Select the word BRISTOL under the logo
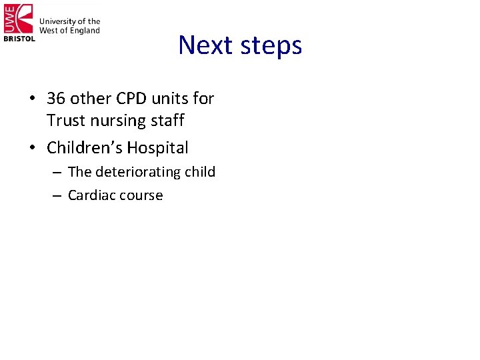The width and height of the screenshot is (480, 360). click(x=19, y=39)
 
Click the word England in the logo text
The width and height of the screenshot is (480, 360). click(x=85, y=31)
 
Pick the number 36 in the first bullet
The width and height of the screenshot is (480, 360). click(x=55, y=99)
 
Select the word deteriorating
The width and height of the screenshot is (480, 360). click(x=138, y=172)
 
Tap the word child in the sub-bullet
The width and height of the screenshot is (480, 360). click(x=200, y=172)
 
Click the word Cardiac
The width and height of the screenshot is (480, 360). click(x=90, y=195)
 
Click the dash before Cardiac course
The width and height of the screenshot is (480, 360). click(x=55, y=196)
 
